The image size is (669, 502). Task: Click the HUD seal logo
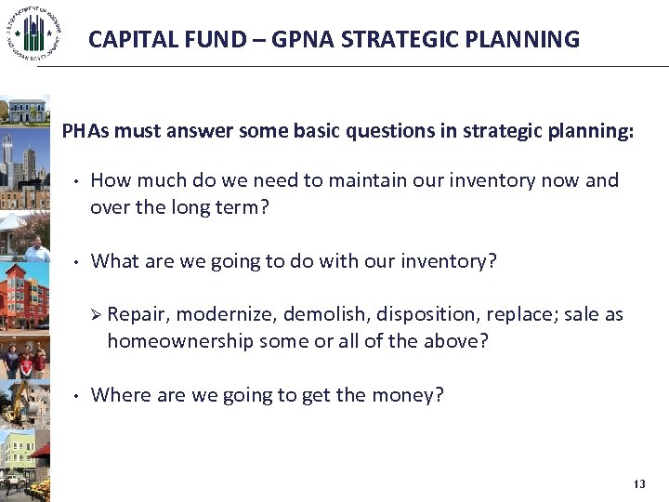(x=33, y=35)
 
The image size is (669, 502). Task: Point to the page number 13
(x=638, y=484)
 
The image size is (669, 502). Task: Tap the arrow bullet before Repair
(x=96, y=315)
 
